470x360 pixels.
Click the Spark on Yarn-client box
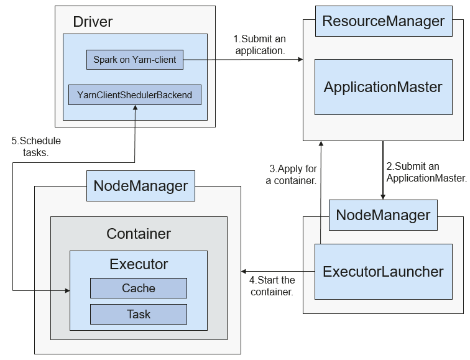click(135, 60)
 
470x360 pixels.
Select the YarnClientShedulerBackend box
click(135, 95)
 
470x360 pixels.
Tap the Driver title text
click(93, 22)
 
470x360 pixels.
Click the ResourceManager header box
click(384, 21)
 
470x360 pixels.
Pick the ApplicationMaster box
click(384, 87)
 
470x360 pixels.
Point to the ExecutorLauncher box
click(384, 272)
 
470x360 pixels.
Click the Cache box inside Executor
click(139, 288)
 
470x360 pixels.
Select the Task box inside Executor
click(139, 314)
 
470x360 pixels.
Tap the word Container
click(139, 234)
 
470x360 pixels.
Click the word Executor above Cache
click(139, 264)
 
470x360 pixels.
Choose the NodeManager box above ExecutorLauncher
click(383, 215)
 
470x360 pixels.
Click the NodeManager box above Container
click(141, 186)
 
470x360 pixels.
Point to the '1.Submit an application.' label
click(260, 45)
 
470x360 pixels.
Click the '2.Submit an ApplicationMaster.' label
click(426, 172)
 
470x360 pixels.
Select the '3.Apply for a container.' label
click(292, 175)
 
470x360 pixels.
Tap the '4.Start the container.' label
click(272, 286)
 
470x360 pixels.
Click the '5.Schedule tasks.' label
click(36, 147)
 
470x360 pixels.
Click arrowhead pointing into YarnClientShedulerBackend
click(135, 108)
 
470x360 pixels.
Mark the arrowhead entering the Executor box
click(67, 290)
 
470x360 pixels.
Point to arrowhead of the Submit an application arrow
click(300, 59)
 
